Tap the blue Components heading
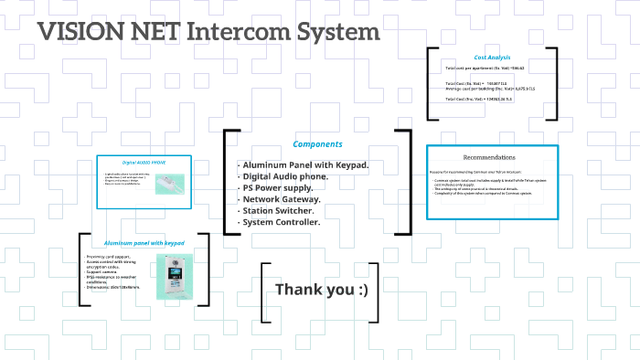(x=317, y=143)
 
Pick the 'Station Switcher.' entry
(x=278, y=210)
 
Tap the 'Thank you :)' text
(x=322, y=290)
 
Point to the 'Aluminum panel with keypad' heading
(x=144, y=244)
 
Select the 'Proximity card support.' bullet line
(x=110, y=258)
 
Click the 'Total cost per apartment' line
(x=485, y=69)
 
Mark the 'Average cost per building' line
(x=489, y=88)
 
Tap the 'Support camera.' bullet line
(x=103, y=272)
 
